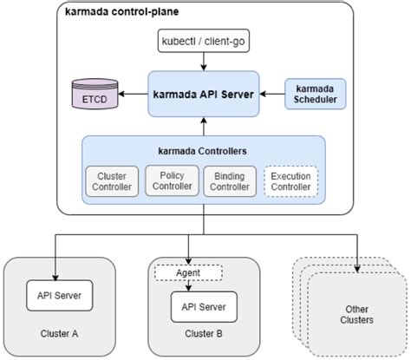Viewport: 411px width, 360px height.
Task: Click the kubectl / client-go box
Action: pyautogui.click(x=204, y=41)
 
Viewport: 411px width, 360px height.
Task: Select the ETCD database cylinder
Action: pyautogui.click(x=95, y=94)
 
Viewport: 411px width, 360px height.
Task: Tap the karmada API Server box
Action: pyautogui.click(x=204, y=94)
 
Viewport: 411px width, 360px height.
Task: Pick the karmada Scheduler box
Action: pyautogui.click(x=316, y=94)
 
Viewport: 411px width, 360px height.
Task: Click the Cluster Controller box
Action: pyautogui.click(x=112, y=181)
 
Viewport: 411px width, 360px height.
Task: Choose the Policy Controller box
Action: pyautogui.click(x=172, y=180)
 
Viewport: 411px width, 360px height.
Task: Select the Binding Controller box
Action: pyautogui.click(x=230, y=181)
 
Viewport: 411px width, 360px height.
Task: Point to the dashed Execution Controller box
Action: pyautogui.click(x=290, y=181)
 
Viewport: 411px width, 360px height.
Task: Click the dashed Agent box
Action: pyautogui.click(x=188, y=272)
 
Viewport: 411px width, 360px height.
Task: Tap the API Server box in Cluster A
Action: pyautogui.click(x=60, y=296)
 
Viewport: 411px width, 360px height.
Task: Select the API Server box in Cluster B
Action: pyautogui.click(x=204, y=307)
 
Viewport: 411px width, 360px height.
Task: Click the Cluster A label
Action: pyautogui.click(x=59, y=334)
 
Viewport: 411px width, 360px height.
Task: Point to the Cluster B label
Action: pyautogui.click(x=204, y=334)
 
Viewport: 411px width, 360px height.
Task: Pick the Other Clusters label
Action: pyautogui.click(x=356, y=315)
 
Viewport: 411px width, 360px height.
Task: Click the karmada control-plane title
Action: pyautogui.click(x=121, y=12)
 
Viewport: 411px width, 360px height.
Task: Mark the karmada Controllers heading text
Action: pyautogui.click(x=202, y=151)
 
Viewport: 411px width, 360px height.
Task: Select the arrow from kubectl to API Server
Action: pyautogui.click(x=204, y=62)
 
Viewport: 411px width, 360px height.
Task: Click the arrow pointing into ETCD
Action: pyautogui.click(x=133, y=94)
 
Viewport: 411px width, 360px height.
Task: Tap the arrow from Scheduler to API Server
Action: pyautogui.click(x=272, y=94)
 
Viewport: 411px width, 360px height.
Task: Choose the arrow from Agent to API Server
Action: pyautogui.click(x=188, y=286)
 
